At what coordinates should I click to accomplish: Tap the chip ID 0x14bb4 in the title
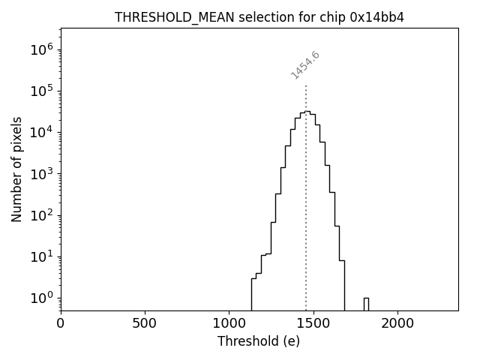click(377, 17)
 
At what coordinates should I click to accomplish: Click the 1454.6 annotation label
click(305, 65)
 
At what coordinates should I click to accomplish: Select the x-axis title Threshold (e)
click(259, 341)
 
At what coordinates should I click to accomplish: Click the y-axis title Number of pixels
click(16, 169)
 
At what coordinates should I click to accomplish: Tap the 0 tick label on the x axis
click(61, 323)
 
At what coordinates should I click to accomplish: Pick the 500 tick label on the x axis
click(145, 323)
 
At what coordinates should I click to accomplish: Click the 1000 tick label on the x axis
click(229, 323)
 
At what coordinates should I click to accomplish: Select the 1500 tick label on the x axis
click(313, 323)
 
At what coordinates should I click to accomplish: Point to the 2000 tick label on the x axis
click(397, 323)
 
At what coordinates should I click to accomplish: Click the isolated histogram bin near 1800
click(366, 303)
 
